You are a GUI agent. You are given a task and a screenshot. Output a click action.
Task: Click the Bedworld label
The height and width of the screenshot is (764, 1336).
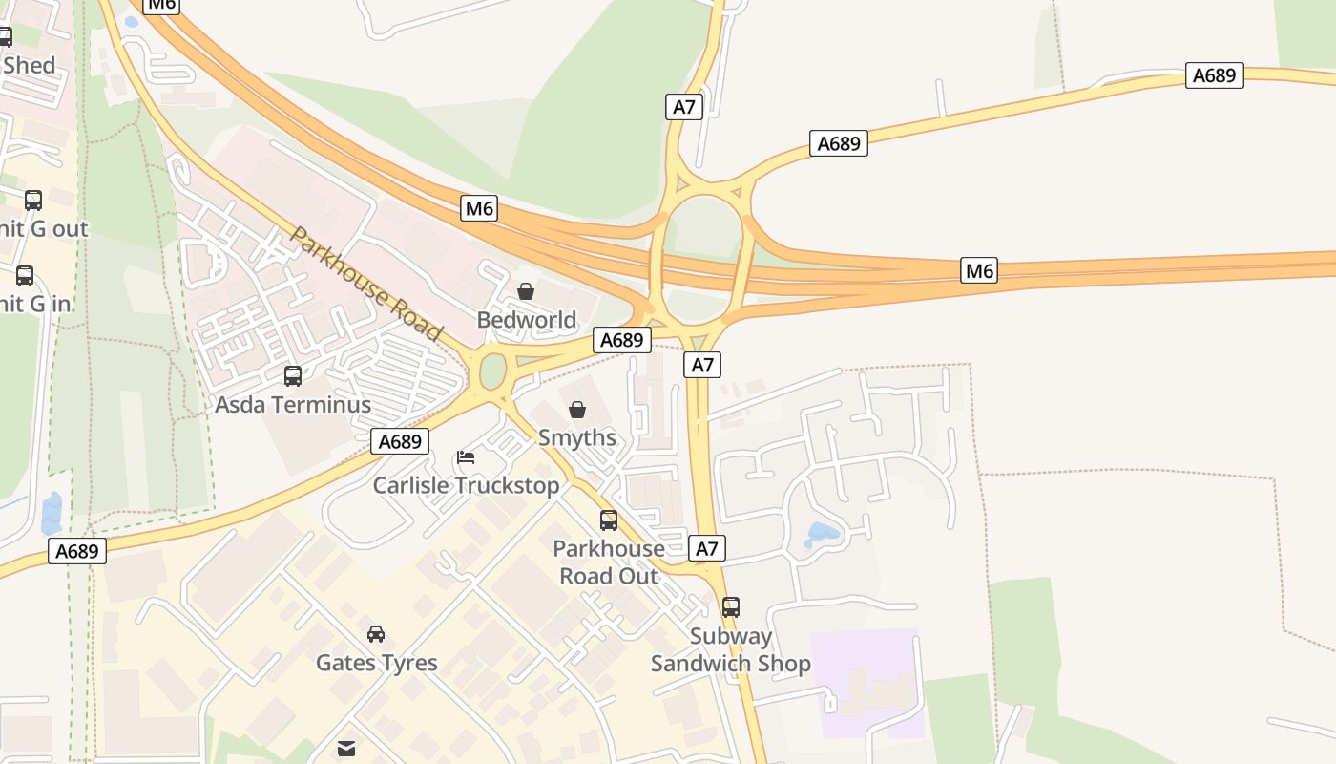(526, 320)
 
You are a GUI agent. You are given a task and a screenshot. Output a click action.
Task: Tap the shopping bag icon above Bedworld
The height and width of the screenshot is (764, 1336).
(526, 291)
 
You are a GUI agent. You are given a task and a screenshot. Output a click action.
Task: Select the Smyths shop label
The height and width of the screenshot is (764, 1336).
(577, 437)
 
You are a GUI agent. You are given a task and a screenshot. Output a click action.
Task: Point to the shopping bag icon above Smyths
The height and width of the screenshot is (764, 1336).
(577, 410)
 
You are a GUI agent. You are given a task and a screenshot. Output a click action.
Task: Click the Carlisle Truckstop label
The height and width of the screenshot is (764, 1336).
(466, 485)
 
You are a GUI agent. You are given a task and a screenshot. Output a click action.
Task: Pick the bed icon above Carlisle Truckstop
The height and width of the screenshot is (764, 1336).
(466, 457)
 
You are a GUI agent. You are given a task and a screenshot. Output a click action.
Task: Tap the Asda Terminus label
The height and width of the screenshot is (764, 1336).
(293, 404)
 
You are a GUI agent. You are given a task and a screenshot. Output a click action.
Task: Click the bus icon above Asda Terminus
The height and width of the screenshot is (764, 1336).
(293, 376)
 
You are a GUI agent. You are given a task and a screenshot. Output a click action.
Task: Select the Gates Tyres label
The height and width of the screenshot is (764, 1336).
(377, 663)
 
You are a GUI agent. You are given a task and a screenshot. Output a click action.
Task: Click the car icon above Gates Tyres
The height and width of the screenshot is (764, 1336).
(376, 634)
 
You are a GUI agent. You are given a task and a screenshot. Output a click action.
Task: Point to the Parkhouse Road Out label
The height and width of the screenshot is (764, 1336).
(609, 562)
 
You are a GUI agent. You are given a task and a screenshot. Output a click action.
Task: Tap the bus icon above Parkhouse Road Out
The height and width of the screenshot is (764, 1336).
(609, 520)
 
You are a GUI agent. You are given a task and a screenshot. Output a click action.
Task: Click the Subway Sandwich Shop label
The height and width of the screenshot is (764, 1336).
(731, 649)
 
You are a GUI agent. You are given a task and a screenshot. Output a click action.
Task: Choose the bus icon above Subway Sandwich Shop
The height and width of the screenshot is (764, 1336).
(731, 606)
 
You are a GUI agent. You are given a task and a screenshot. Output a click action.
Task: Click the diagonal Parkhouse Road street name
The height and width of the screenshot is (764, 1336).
(366, 284)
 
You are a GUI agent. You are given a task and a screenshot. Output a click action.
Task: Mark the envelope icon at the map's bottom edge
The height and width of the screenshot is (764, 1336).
(346, 749)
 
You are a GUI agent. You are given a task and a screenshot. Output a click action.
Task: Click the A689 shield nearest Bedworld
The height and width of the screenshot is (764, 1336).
(622, 340)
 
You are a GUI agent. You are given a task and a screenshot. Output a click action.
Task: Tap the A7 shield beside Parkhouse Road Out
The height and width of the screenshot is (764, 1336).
(706, 548)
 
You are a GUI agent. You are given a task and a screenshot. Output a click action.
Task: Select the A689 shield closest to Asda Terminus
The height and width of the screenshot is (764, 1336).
(400, 441)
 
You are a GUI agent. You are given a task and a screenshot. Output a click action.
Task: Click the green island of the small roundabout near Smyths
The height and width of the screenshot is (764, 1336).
(492, 371)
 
